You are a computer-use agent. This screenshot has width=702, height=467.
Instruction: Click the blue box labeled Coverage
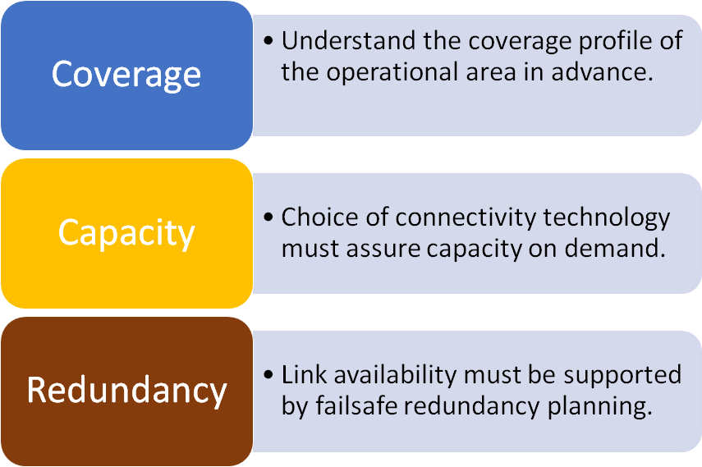click(126, 76)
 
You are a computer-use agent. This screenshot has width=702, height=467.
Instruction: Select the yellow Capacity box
click(126, 233)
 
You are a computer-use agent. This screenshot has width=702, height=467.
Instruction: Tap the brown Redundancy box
click(126, 391)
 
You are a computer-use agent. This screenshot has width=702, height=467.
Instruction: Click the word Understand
click(349, 41)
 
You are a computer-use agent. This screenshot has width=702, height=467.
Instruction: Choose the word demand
click(615, 249)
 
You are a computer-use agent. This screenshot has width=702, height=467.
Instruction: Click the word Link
click(305, 375)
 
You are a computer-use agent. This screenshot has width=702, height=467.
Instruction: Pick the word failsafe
click(357, 406)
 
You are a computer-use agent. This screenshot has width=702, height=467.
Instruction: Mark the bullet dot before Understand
click(268, 41)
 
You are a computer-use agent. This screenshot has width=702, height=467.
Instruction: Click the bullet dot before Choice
click(268, 218)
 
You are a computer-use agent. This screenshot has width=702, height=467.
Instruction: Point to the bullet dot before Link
click(268, 375)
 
